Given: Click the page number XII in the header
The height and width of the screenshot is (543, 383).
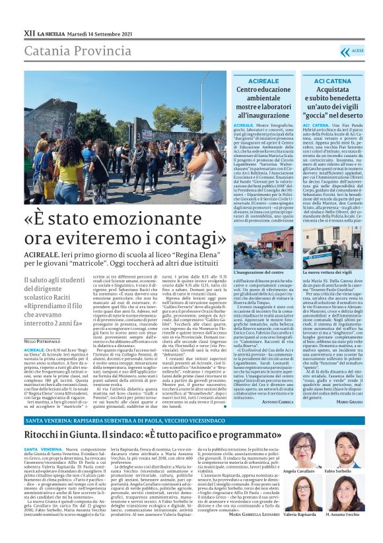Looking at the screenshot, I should click(29, 32).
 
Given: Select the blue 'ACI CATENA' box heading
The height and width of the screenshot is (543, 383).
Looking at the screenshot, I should click(330, 80).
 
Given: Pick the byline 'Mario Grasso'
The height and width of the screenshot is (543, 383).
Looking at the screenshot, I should click(348, 401).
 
